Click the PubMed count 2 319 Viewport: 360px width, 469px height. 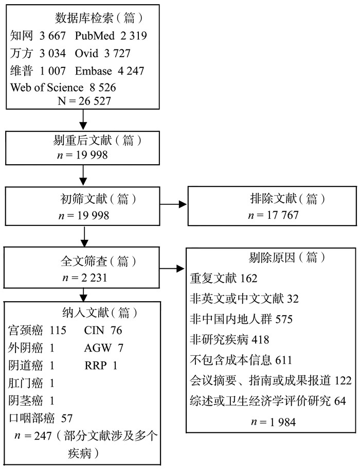[134, 36]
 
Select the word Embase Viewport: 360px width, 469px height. [94, 71]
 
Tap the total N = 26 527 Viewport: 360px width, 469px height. [84, 101]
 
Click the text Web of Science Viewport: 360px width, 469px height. [47, 88]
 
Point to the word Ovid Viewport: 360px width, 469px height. [86, 53]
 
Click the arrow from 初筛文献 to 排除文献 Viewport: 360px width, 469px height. [173, 204]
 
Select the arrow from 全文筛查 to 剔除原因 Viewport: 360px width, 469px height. [172, 269]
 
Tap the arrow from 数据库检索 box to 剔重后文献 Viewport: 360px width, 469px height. [83, 119]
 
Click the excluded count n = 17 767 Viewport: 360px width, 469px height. [273, 215]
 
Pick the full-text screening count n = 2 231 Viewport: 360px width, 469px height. [84, 277]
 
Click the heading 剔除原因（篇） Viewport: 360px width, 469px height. [287, 257]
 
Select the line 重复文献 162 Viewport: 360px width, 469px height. [224, 279]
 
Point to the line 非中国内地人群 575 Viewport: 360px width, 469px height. [241, 319]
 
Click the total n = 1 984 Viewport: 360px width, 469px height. [274, 422]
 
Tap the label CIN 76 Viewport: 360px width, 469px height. [103, 331]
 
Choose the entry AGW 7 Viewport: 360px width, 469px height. [104, 348]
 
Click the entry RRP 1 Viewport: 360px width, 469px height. [101, 366]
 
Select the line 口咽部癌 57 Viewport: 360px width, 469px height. [40, 418]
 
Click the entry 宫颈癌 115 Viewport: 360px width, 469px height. [37, 330]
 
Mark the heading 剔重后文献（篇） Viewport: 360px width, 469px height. [97, 140]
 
